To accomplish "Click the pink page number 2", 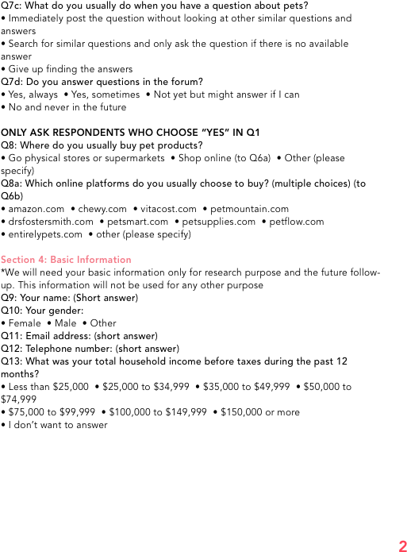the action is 402,546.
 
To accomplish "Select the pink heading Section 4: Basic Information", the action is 66,260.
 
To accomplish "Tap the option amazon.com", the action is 36,209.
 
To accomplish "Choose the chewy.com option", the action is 102,209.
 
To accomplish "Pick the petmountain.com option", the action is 249,209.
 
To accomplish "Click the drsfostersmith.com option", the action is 51,222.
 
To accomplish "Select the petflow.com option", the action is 297,222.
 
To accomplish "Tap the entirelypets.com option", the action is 45,234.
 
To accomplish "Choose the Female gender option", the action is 25,323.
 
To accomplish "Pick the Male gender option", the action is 65,323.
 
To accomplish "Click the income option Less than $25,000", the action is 48,387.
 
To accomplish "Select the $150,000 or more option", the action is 260,412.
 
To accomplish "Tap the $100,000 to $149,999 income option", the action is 158,412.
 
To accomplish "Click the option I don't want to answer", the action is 58,425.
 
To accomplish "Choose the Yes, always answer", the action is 33,95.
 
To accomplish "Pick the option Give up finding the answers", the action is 71,69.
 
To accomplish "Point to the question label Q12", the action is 10,349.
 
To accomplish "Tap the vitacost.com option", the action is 168,209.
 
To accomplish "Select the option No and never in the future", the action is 67,107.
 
